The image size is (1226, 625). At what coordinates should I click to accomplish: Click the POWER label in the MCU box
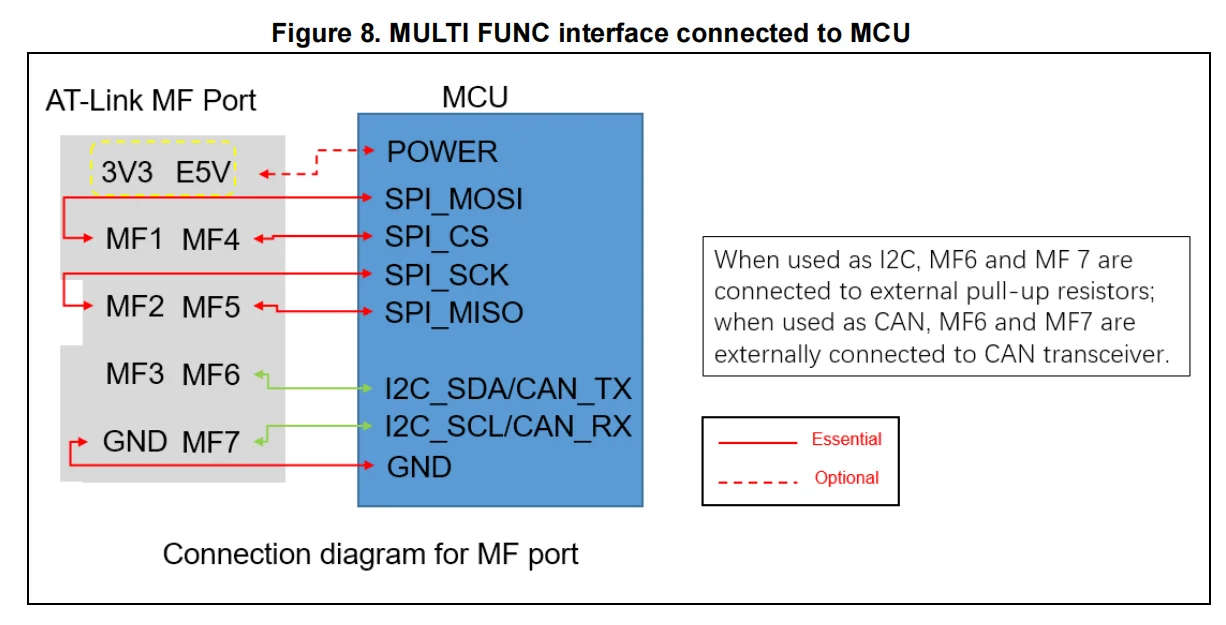441,152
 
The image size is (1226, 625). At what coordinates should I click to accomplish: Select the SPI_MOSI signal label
453,199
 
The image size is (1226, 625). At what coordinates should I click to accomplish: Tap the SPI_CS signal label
436,237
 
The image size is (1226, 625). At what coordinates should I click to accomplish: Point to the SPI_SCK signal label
446,275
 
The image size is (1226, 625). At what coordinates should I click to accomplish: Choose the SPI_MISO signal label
453,312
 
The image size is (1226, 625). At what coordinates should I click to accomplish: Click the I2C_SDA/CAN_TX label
508,388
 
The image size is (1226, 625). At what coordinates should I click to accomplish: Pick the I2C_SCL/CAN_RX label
508,427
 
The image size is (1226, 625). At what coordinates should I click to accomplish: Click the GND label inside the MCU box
418,466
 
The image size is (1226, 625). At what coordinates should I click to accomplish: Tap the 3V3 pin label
127,173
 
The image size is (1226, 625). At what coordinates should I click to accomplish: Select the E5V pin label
204,173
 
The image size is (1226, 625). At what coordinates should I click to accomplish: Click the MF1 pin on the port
134,239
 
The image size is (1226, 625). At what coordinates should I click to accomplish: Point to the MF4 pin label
211,239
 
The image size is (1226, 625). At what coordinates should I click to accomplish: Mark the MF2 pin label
134,306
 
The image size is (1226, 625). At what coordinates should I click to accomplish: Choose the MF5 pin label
211,306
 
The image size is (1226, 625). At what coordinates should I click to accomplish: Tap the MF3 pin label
134,375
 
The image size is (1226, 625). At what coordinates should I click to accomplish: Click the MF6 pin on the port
211,375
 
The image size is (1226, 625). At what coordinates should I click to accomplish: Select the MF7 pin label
211,441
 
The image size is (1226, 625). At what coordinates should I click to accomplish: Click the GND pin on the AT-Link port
134,441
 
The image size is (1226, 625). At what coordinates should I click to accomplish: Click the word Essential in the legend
846,439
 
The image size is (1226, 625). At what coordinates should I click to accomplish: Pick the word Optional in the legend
846,478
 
